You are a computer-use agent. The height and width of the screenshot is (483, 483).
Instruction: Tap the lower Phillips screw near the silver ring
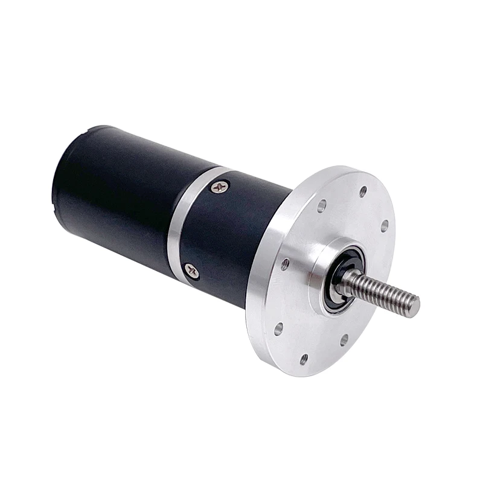click(x=192, y=270)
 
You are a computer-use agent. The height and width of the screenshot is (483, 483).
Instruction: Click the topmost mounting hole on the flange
click(x=362, y=192)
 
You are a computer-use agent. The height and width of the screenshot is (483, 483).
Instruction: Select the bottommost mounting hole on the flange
click(x=304, y=360)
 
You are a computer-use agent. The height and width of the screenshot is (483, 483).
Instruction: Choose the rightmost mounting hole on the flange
click(x=384, y=226)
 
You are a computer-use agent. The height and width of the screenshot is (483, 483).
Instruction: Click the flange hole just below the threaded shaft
click(x=344, y=340)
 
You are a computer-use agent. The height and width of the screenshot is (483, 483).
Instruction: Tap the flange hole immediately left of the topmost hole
click(x=322, y=205)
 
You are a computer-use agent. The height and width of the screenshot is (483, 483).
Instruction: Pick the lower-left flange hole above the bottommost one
click(x=278, y=330)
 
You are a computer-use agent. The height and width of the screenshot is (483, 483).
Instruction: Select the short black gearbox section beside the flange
click(x=241, y=235)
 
